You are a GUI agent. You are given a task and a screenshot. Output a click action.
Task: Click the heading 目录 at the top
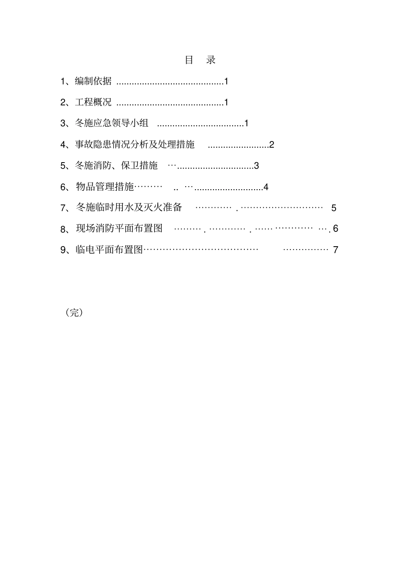(x=200, y=60)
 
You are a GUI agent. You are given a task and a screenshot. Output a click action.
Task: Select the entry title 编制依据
(x=93, y=81)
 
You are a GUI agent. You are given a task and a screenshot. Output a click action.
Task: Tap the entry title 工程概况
(x=93, y=102)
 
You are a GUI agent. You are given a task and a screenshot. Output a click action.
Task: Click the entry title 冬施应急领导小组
(x=112, y=123)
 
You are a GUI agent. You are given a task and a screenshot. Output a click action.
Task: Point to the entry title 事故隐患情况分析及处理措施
(x=135, y=144)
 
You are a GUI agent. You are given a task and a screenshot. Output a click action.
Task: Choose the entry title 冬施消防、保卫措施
(x=116, y=166)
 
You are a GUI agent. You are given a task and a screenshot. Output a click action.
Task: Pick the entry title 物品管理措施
(x=105, y=187)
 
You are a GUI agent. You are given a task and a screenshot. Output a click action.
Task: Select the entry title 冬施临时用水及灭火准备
(x=129, y=207)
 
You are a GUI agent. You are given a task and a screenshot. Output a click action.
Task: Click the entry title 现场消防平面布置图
(x=119, y=228)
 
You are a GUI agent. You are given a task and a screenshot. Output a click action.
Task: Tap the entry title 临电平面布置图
(x=109, y=250)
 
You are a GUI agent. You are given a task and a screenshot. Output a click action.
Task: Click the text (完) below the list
(x=74, y=313)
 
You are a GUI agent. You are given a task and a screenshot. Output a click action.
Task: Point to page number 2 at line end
(x=272, y=145)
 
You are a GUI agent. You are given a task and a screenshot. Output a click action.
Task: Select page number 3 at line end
(x=257, y=166)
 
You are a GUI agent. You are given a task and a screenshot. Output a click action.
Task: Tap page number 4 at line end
(x=266, y=187)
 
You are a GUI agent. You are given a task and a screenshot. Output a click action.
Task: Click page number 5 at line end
(x=333, y=208)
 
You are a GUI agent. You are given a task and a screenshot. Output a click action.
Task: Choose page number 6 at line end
(x=336, y=229)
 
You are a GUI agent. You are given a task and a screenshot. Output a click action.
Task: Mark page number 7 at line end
(x=336, y=250)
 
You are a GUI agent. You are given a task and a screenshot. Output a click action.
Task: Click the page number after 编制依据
(x=226, y=82)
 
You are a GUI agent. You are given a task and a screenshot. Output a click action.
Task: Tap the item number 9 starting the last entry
(x=63, y=250)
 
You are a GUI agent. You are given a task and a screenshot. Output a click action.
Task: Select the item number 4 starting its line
(x=63, y=145)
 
